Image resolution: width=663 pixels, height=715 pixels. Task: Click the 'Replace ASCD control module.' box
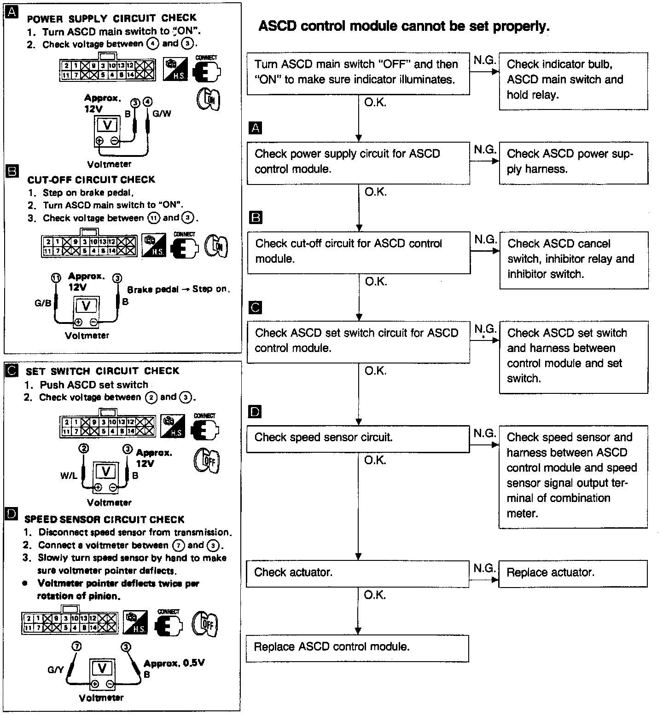(x=357, y=648)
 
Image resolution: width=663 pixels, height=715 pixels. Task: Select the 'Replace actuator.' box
(x=573, y=573)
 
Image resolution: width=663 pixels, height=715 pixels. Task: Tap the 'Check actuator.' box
(x=357, y=573)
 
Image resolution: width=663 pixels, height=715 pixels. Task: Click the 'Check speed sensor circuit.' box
(x=358, y=438)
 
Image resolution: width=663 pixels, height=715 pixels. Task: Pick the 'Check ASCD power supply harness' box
(x=573, y=162)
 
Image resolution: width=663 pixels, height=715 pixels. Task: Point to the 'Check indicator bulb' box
(x=573, y=81)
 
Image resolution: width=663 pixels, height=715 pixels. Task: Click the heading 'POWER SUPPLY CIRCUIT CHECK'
(x=111, y=18)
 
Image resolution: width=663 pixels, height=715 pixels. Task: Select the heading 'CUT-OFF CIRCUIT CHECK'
(x=91, y=179)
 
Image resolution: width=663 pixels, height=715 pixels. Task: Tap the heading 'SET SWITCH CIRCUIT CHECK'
(x=102, y=371)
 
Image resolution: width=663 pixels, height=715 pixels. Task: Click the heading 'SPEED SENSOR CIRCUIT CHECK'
(x=104, y=519)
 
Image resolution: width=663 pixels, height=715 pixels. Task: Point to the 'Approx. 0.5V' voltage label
(x=174, y=663)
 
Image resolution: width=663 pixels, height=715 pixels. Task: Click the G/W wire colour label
(x=162, y=113)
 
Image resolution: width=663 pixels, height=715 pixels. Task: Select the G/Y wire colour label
(x=56, y=670)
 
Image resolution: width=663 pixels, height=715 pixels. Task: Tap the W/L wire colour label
(x=69, y=476)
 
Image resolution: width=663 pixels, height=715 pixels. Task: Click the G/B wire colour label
(x=43, y=303)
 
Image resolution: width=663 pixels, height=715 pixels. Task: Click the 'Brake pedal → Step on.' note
(x=178, y=289)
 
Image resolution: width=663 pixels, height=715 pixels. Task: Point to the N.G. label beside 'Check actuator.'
(x=484, y=568)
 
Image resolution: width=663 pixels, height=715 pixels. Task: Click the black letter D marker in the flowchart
(x=254, y=411)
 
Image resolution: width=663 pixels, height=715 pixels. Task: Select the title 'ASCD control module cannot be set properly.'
(x=404, y=26)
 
